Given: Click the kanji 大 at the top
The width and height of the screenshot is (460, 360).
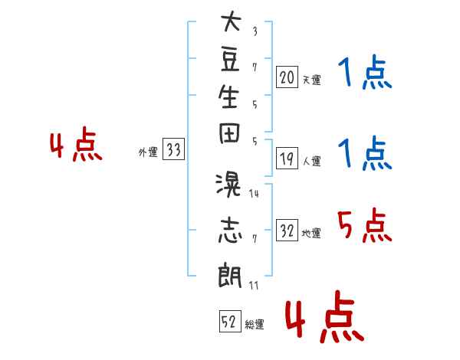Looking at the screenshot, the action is pos(231,21).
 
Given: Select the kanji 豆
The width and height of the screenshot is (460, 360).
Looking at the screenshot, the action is pos(230,61).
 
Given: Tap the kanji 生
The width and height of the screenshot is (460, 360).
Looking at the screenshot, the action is pos(228,97).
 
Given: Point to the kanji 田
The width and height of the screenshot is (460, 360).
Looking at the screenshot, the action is pos(229,133).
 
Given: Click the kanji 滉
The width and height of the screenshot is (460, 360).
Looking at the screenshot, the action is pos(228,185).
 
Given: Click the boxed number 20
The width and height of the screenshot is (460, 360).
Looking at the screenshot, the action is pos(287,77).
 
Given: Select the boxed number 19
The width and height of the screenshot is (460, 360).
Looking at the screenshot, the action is pos(287,159).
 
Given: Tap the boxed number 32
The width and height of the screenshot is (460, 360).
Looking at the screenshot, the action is pos(287,230).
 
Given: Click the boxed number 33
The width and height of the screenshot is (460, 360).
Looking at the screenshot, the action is pos(173,149).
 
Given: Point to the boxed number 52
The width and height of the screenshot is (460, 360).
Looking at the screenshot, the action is pos(230,321).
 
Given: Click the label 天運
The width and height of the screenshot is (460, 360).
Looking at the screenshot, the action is pos(312,80).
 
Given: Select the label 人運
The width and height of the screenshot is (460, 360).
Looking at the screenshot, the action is pos(312,161).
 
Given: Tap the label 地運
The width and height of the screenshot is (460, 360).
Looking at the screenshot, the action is pos(311,233).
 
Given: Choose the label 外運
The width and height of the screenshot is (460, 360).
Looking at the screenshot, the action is pos(148,152).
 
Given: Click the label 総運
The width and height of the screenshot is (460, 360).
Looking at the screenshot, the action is pos(255,325).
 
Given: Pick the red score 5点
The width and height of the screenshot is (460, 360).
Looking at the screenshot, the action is pos(365,225).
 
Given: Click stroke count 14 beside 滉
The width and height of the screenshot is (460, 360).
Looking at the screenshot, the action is pos(254,194).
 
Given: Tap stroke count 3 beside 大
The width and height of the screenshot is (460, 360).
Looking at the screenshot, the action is pos(255,31).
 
